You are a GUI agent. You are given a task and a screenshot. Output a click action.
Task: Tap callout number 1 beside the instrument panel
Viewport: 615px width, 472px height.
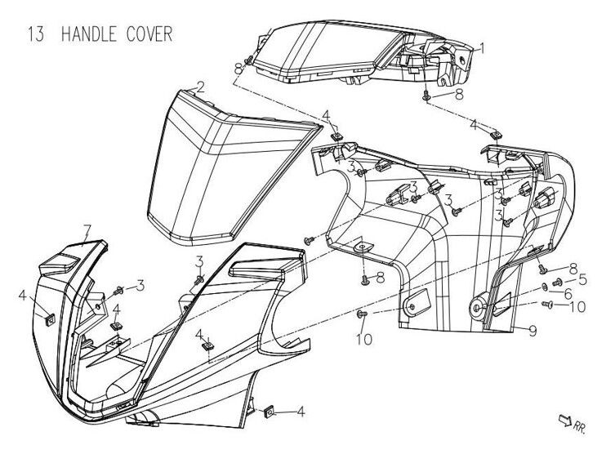482,49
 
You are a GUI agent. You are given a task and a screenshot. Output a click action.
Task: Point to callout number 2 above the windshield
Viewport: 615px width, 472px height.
199,87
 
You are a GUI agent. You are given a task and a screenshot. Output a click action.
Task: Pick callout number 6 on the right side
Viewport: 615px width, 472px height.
568,292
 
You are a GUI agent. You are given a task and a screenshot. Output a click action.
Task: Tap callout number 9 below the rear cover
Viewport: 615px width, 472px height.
532,330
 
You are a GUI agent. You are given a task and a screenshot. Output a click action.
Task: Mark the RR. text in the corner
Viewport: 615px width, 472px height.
580,425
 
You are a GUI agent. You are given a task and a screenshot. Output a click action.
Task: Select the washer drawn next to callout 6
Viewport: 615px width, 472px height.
545,288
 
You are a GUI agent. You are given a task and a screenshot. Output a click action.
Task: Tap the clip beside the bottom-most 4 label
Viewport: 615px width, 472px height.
267,412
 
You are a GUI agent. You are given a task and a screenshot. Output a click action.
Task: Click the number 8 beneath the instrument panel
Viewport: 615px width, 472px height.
458,95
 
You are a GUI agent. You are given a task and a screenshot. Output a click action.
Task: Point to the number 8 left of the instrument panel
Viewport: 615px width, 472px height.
238,66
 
